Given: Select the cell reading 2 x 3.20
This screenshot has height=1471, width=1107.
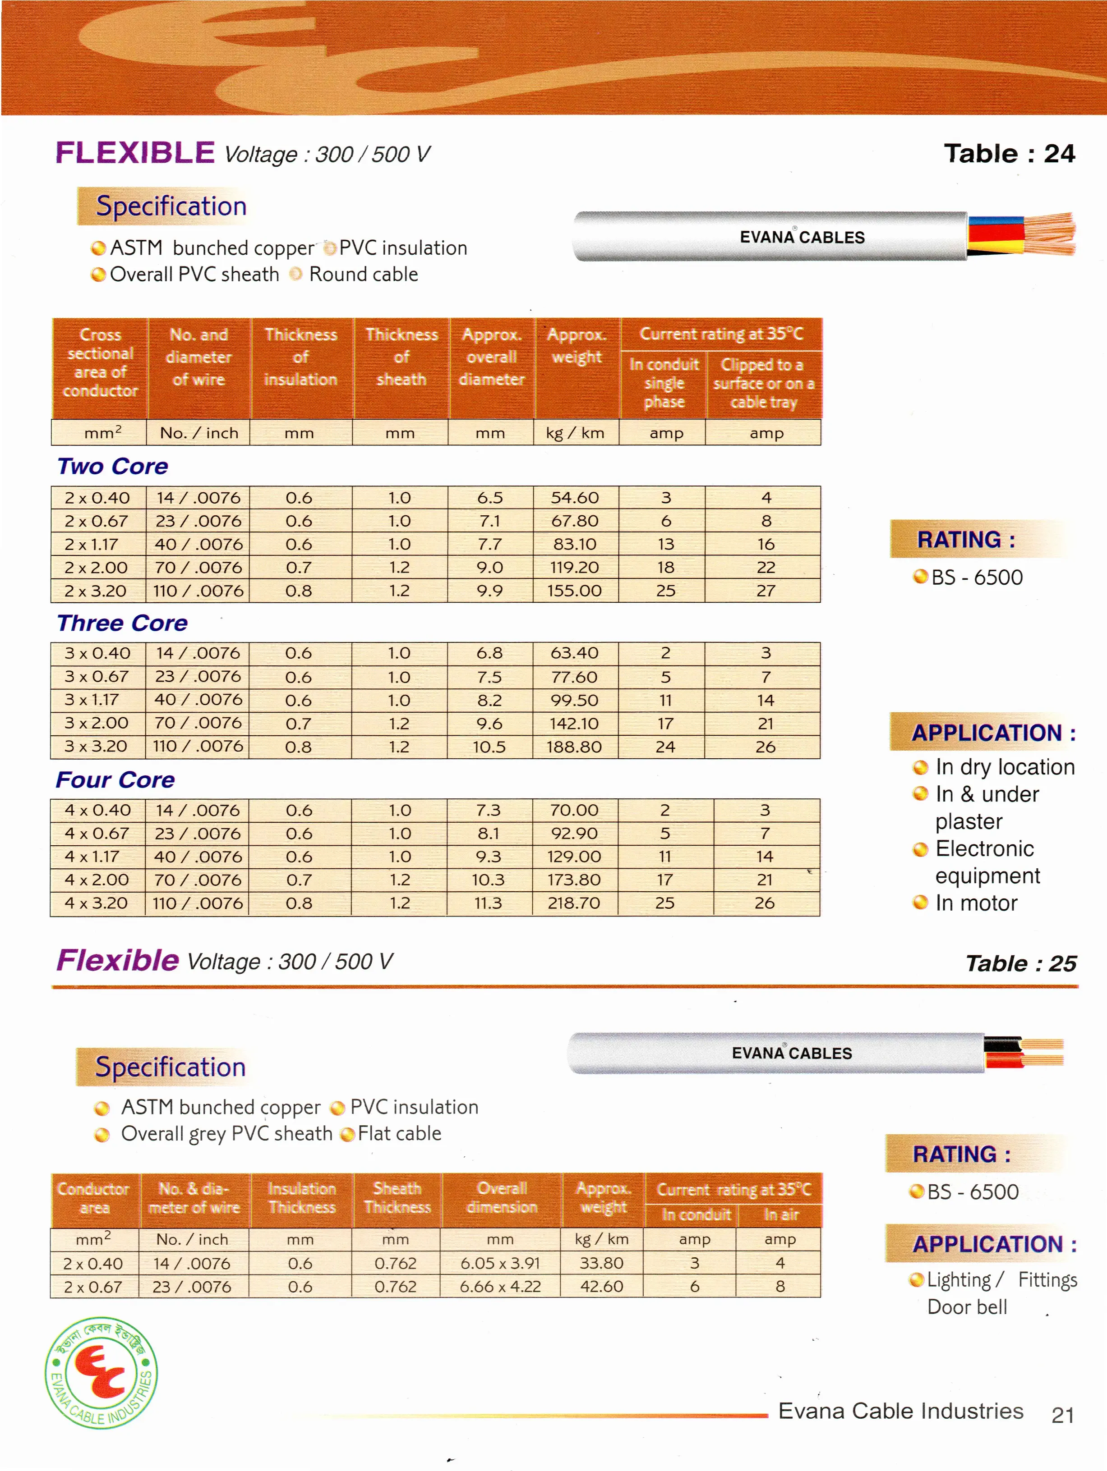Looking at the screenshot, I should (97, 591).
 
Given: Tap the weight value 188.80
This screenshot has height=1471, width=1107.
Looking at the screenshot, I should (574, 747).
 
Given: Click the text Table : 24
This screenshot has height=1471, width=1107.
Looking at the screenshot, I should (1009, 154).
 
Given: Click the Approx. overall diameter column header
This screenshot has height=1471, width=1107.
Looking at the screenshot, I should (492, 357).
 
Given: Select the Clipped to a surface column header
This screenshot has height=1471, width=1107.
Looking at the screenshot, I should (764, 384).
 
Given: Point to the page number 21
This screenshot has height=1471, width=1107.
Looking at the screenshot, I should (1062, 1415).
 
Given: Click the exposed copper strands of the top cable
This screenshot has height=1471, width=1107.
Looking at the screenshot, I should (1051, 234).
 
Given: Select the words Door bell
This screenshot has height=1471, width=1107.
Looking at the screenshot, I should (967, 1307).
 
